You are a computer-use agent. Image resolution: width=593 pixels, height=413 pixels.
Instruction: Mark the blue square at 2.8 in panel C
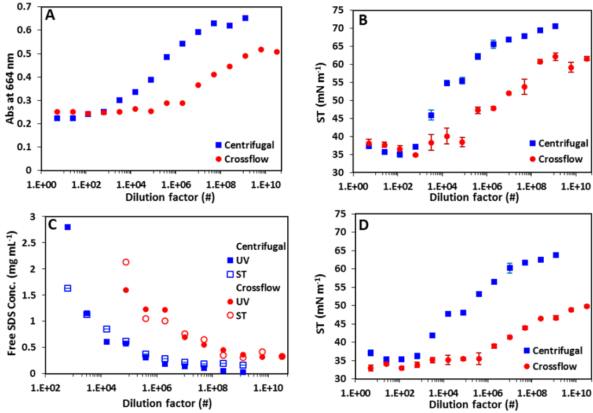(68, 227)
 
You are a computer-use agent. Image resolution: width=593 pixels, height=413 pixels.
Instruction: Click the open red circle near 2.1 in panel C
(126, 262)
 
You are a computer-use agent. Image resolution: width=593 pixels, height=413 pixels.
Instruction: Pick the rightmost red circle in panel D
(587, 306)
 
